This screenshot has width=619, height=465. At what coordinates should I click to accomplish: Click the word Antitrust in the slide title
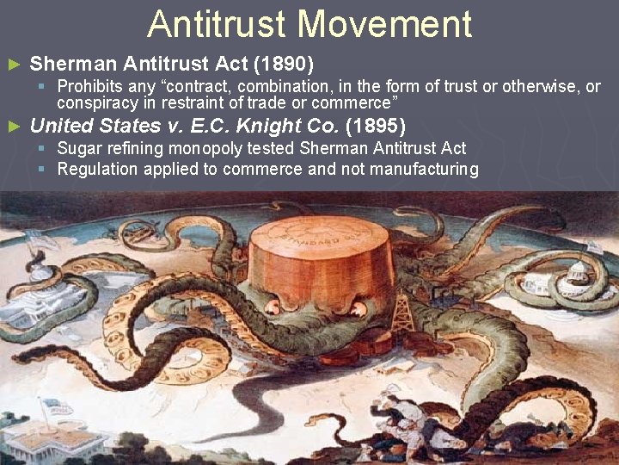coord(217,24)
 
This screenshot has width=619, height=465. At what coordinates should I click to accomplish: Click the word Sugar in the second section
coord(77,150)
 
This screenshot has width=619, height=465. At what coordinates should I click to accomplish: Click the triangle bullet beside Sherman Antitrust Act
coord(12,65)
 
